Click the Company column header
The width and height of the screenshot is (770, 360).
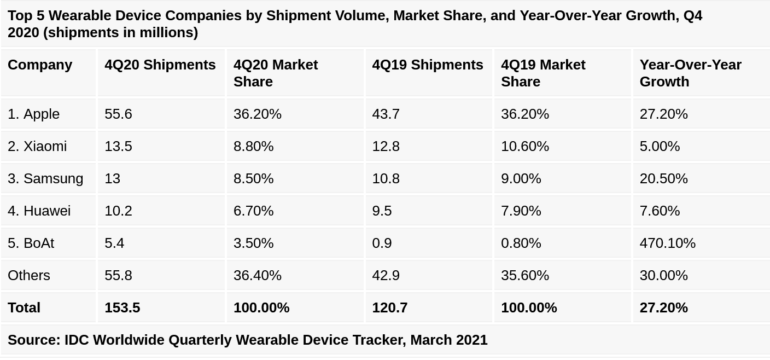[x=40, y=65]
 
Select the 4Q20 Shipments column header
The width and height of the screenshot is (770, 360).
[x=160, y=65]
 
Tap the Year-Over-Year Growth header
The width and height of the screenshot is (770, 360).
[x=690, y=73]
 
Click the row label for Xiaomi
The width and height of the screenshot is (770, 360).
[x=37, y=146]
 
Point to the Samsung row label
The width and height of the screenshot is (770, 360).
[x=45, y=178]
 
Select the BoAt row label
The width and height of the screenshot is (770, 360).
[x=31, y=243]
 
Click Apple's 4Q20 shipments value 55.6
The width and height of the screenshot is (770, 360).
[x=118, y=114]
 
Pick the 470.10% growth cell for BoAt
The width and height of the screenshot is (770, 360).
[x=667, y=243]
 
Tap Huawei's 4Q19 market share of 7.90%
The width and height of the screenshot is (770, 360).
[x=521, y=211]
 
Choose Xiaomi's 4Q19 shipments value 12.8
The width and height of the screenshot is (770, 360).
[x=386, y=146]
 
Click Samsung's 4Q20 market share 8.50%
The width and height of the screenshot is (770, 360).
[x=253, y=178]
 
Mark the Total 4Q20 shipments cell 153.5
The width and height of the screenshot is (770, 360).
[x=122, y=307]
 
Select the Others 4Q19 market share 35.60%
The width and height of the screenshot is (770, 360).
[x=524, y=275]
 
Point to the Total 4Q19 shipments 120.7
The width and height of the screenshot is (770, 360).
[x=389, y=307]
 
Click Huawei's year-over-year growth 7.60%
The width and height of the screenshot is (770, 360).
[x=660, y=211]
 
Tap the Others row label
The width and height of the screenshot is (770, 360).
[x=29, y=275]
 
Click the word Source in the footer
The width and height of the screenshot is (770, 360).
[x=33, y=340]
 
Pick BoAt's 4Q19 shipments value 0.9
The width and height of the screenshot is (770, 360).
[x=382, y=243]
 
